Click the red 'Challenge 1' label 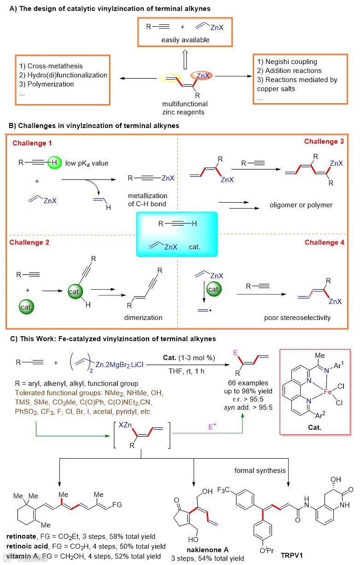(32, 143)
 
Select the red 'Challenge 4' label (324, 242)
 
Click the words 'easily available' (185, 40)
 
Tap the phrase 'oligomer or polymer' (301, 205)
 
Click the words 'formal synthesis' (261, 471)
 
